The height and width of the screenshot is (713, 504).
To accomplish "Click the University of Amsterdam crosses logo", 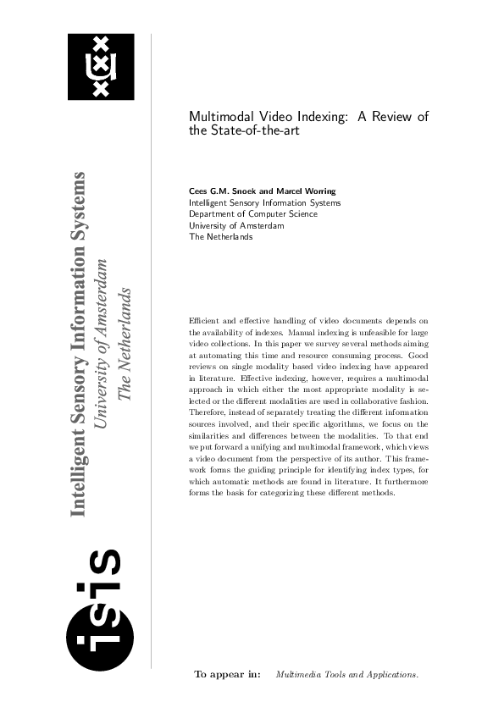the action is [101, 67].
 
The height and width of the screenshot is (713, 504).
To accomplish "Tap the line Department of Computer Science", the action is [253, 214].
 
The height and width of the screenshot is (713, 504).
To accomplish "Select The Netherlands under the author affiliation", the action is [220, 237].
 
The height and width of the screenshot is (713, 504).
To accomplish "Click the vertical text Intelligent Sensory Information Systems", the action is [78, 345].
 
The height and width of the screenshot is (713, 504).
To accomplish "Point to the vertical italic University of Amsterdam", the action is [100, 345].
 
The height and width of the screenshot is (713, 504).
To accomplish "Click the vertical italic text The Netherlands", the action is [124, 345].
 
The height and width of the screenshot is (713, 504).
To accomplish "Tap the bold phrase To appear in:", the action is [228, 674].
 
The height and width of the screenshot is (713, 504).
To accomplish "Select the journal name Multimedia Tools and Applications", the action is [347, 675].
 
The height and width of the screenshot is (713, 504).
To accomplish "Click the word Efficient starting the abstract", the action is [203, 321].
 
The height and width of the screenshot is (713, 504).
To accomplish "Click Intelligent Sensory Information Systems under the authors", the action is [265, 203].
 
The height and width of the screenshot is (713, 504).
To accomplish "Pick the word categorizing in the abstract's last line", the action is [281, 494].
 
